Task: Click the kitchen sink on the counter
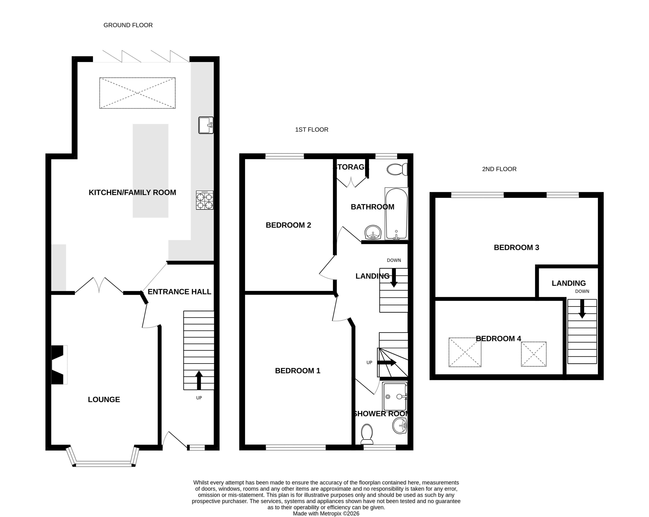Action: click(206, 125)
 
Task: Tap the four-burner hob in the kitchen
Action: click(205, 200)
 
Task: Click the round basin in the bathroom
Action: click(373, 232)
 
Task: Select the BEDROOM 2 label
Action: click(288, 225)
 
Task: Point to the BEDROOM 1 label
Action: click(298, 371)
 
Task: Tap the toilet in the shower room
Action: click(367, 434)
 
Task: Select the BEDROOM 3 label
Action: click(517, 247)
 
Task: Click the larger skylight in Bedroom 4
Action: click(465, 352)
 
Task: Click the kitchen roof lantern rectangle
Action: click(138, 93)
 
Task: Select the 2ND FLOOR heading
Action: click(499, 169)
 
